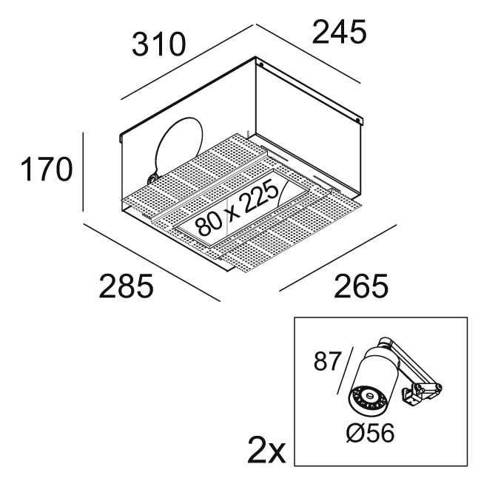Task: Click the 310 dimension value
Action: (158, 47)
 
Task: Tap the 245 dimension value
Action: (339, 32)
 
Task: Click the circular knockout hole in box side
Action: (179, 147)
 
